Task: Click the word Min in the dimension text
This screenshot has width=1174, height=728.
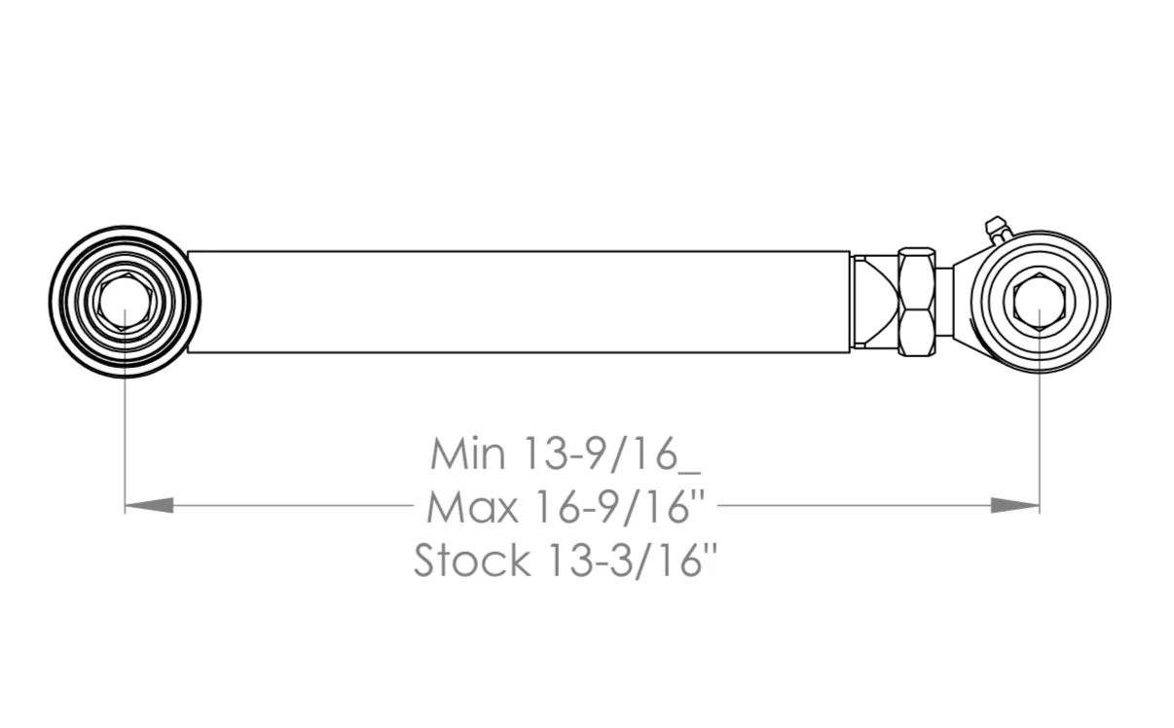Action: tap(468, 454)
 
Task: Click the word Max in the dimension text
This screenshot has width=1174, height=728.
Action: tap(473, 507)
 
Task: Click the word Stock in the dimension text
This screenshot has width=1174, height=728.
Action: tap(472, 561)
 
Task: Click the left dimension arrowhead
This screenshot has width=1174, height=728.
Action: tap(149, 505)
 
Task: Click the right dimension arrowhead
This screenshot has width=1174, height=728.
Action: tap(1014, 505)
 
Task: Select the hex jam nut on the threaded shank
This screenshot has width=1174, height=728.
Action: tap(917, 302)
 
